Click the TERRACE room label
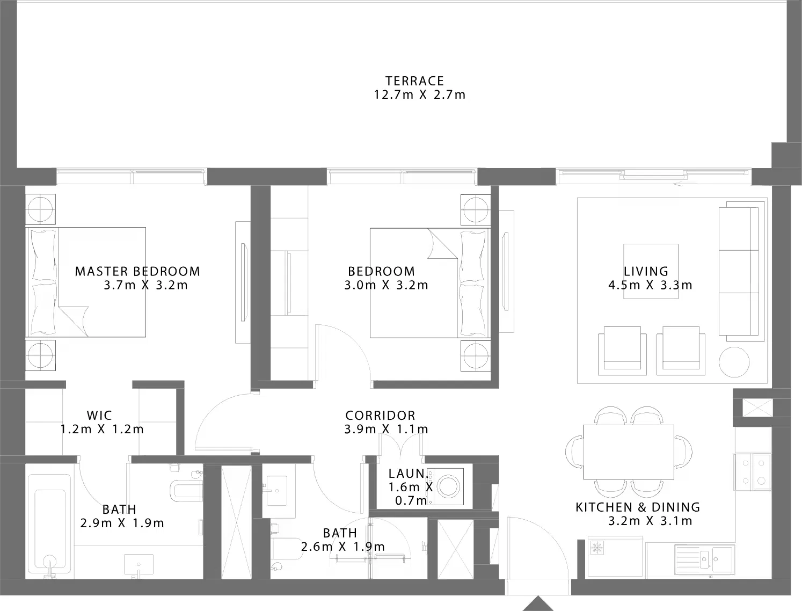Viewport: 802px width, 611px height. [x=415, y=81]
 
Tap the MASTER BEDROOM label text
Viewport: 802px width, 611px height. [x=138, y=272]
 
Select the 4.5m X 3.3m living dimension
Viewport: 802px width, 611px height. [x=651, y=285]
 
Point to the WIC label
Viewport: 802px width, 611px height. [x=99, y=416]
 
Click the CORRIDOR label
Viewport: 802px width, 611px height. [x=381, y=416]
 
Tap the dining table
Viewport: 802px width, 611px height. [x=629, y=452]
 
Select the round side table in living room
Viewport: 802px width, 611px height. [x=734, y=362]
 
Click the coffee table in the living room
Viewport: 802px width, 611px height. [x=651, y=271]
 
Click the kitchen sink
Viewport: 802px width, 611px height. [x=704, y=559]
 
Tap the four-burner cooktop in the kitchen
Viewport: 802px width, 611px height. [x=753, y=472]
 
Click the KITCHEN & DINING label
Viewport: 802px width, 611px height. [x=638, y=507]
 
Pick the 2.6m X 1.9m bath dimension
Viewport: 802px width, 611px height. [x=343, y=547]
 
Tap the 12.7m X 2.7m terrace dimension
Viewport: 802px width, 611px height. [x=420, y=94]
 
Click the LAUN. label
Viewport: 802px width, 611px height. [x=408, y=474]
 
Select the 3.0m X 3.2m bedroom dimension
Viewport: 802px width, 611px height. [x=386, y=285]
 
